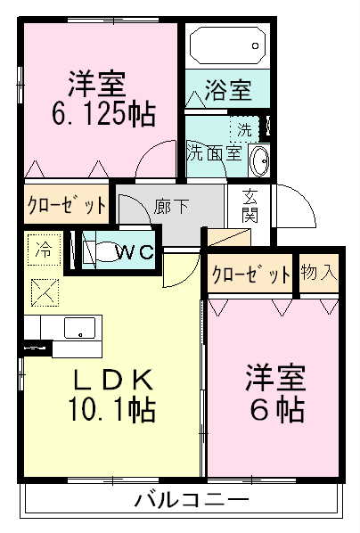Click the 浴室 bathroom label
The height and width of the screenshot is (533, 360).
tap(226, 90)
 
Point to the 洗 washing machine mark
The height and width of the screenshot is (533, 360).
tap(245, 128)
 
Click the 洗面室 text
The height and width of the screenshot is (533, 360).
tap(214, 152)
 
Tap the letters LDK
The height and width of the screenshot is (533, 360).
tap(113, 381)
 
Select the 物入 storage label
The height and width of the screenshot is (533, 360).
tap(318, 273)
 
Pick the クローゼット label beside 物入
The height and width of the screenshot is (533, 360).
tap(250, 274)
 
